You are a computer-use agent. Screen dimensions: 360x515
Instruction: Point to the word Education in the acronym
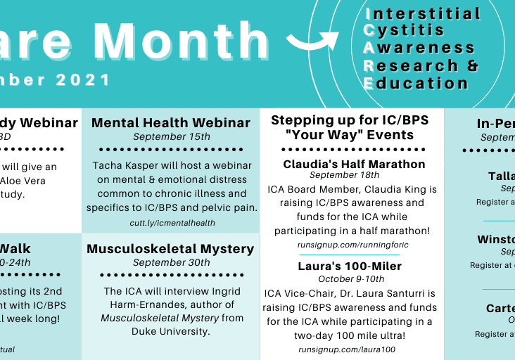(x=416, y=83)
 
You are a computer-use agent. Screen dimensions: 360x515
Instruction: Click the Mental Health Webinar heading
(x=171, y=123)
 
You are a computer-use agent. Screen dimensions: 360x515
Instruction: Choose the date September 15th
(x=171, y=136)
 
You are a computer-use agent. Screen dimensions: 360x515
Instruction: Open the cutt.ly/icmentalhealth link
(x=171, y=223)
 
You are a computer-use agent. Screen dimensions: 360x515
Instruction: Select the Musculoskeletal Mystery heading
(x=170, y=249)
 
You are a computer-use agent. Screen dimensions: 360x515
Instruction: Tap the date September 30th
(x=171, y=262)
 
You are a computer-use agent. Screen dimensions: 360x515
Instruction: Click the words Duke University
(x=170, y=331)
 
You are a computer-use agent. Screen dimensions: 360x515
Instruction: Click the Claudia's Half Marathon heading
(x=354, y=164)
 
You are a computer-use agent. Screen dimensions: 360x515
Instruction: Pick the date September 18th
(x=344, y=175)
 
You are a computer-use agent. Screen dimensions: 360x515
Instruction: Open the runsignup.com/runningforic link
(x=352, y=245)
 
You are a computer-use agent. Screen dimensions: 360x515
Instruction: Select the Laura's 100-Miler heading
(x=350, y=266)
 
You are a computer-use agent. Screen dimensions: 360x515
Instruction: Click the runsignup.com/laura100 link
(x=346, y=349)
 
